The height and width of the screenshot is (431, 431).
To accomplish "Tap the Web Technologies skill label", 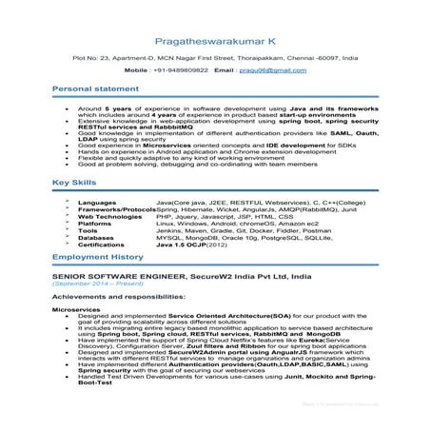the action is click(110, 217).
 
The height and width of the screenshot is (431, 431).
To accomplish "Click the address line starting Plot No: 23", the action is click(215, 58).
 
